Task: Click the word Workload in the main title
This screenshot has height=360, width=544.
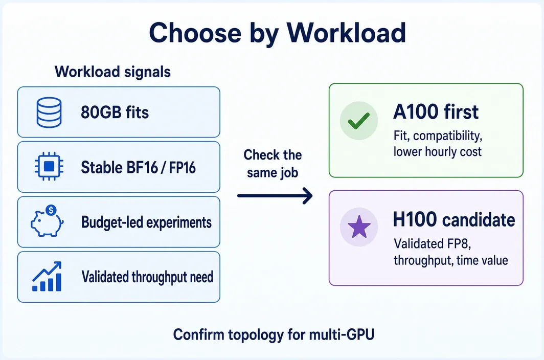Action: click(x=346, y=32)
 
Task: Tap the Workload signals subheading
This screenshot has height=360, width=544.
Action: click(x=113, y=72)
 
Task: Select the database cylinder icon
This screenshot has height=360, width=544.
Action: click(x=49, y=112)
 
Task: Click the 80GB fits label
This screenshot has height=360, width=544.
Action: click(x=115, y=112)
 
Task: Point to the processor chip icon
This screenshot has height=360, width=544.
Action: click(x=49, y=167)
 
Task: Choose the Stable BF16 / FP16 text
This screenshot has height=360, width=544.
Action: click(x=139, y=168)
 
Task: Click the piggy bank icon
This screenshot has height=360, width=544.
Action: click(x=47, y=222)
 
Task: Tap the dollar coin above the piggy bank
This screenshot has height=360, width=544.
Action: click(x=51, y=210)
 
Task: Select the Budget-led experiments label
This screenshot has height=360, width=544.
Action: click(x=146, y=222)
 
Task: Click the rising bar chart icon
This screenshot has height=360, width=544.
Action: click(x=47, y=276)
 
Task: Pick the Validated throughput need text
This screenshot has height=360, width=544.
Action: click(x=147, y=277)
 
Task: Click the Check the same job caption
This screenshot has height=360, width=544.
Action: click(x=273, y=164)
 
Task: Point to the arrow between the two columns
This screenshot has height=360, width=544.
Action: click(x=275, y=196)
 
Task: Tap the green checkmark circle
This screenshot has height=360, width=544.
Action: click(x=359, y=121)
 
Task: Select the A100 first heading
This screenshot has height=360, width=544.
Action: click(x=436, y=112)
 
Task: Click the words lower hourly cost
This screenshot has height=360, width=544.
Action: click(x=438, y=152)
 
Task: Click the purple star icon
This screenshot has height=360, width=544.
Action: click(x=359, y=227)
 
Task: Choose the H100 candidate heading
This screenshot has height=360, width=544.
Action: click(x=454, y=220)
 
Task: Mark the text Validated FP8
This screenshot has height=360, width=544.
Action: click(x=433, y=244)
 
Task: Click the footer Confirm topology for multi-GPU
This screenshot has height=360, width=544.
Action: click(x=274, y=335)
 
